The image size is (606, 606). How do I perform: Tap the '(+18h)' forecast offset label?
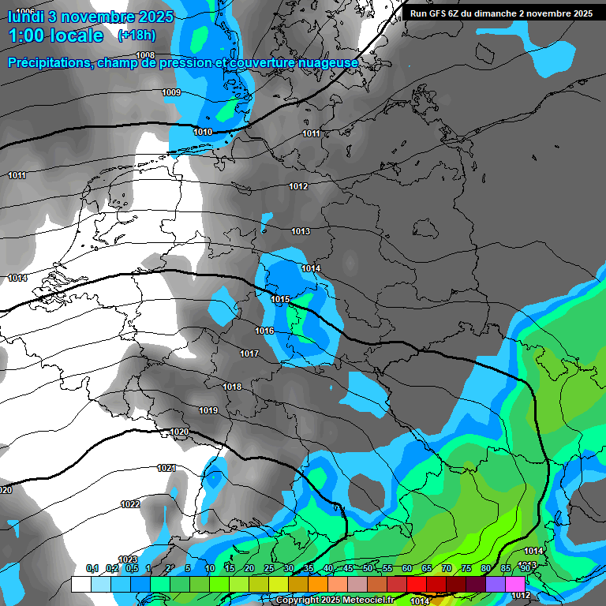pyautogui.click(x=137, y=35)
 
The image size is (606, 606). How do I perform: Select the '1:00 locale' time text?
pyautogui.click(x=55, y=36)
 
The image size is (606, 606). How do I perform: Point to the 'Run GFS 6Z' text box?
pyautogui.click(x=501, y=13)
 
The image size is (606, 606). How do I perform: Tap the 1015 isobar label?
pyautogui.click(x=281, y=300)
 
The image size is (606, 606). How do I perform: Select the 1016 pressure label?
pyautogui.click(x=264, y=331)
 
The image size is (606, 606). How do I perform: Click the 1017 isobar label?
pyautogui.click(x=249, y=353)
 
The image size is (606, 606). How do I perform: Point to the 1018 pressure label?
pyautogui.click(x=232, y=387)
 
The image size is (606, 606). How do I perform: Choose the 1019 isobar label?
pyautogui.click(x=208, y=410)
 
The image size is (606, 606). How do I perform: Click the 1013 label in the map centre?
pyautogui.click(x=301, y=231)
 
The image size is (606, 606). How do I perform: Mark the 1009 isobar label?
pyautogui.click(x=171, y=93)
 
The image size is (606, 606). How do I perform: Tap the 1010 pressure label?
pyautogui.click(x=203, y=132)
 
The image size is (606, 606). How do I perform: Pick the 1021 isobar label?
pyautogui.click(x=166, y=468)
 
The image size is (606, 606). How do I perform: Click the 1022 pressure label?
pyautogui.click(x=130, y=504)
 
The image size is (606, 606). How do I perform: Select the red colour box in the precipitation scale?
pyautogui.click(x=417, y=584)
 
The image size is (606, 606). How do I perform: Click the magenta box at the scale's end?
pyautogui.click(x=515, y=584)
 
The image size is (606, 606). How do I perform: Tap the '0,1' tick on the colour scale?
pyautogui.click(x=92, y=569)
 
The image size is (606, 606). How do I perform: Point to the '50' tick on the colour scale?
pyautogui.click(x=368, y=569)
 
